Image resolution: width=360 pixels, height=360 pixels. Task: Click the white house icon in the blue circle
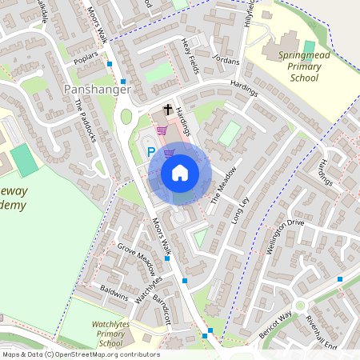(x=180, y=173)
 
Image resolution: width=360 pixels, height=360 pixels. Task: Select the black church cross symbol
(x=169, y=109)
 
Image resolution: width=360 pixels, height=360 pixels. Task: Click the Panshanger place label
(x=94, y=90)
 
